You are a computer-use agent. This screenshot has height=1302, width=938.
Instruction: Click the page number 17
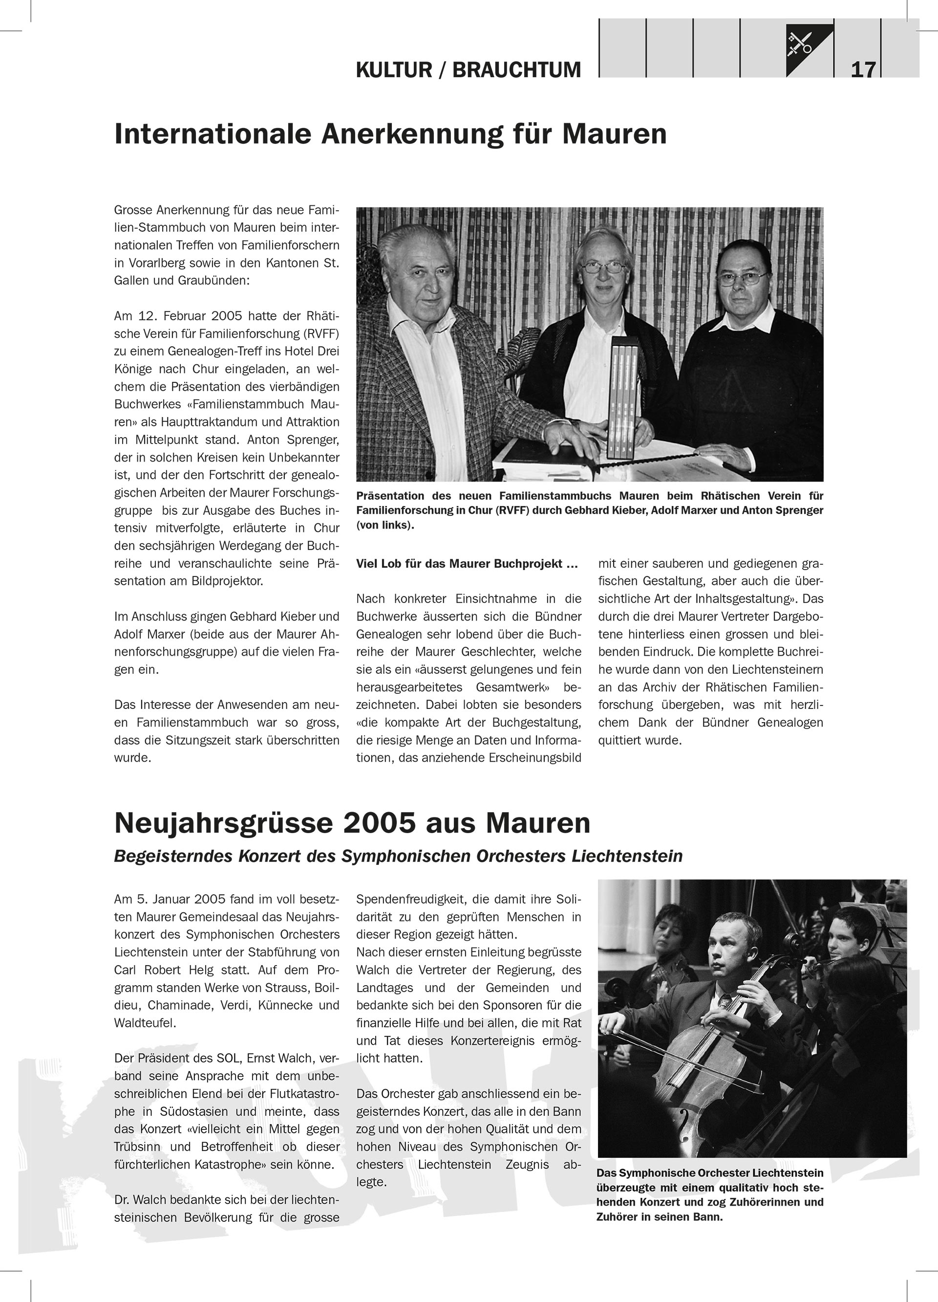click(863, 70)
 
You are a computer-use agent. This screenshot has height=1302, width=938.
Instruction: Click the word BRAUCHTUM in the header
click(516, 70)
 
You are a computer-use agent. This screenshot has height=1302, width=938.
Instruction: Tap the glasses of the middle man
click(601, 267)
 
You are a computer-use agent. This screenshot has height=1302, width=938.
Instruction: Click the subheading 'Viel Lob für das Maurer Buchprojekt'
click(467, 564)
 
